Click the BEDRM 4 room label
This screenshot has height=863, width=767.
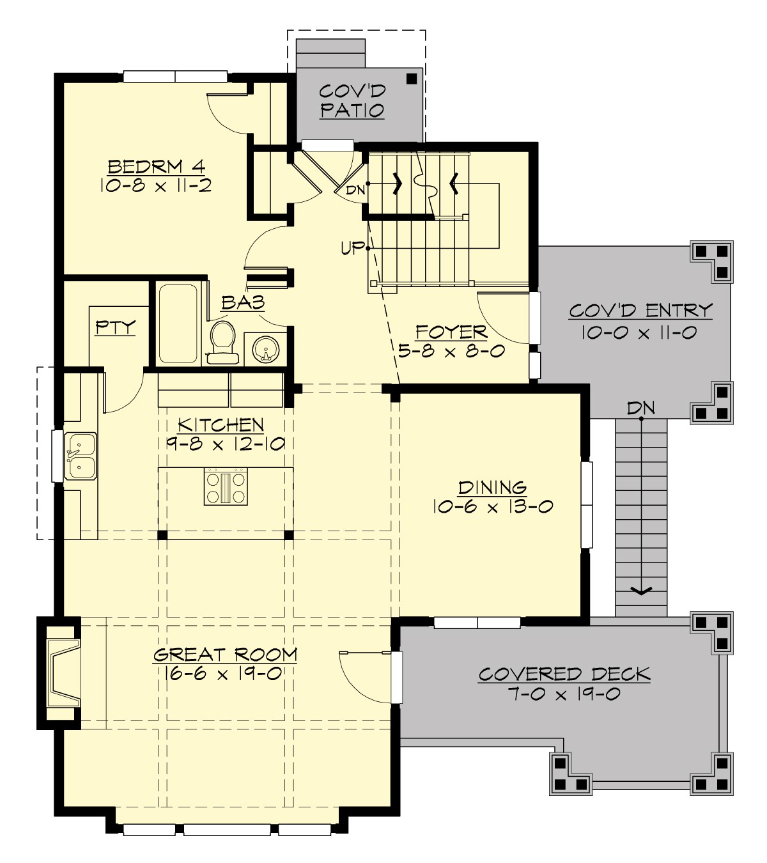156,167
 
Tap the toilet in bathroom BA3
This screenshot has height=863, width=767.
222,343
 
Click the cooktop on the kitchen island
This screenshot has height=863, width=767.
226,487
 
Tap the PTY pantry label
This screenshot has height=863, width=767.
116,328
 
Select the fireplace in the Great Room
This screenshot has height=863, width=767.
63,673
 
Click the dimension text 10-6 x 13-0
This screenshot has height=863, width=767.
492,506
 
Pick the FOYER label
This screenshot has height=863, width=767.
451,332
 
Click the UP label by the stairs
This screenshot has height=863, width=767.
352,247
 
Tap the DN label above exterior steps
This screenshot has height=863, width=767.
640,408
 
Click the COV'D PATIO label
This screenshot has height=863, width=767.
352,100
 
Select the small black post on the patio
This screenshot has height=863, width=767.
411,79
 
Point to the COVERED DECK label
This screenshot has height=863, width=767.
564,674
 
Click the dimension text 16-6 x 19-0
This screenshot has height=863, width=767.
217,673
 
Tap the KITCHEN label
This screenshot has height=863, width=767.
221,424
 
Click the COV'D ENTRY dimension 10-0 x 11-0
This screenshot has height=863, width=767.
639,332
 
